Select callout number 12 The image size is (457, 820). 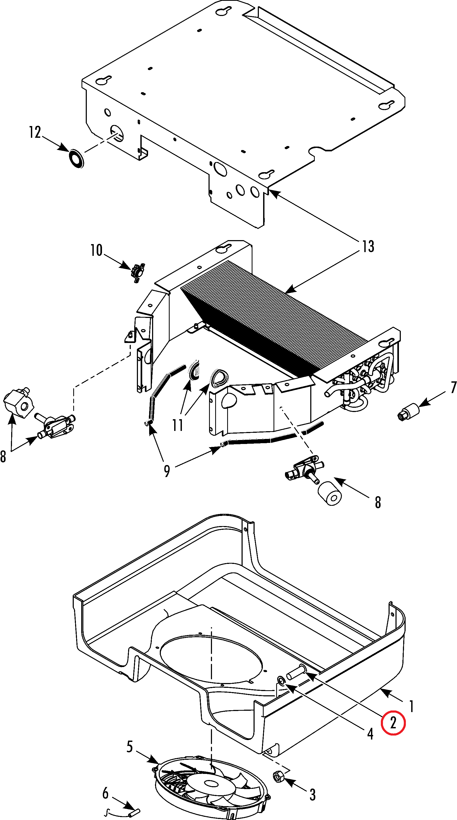(35, 132)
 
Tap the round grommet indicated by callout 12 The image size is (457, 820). (76, 158)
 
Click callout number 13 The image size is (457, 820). (368, 247)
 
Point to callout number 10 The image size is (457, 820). (96, 250)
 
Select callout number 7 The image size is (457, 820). (454, 387)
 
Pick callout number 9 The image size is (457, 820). (167, 470)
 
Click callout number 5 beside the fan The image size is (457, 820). (129, 746)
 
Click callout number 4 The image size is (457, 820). (370, 733)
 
